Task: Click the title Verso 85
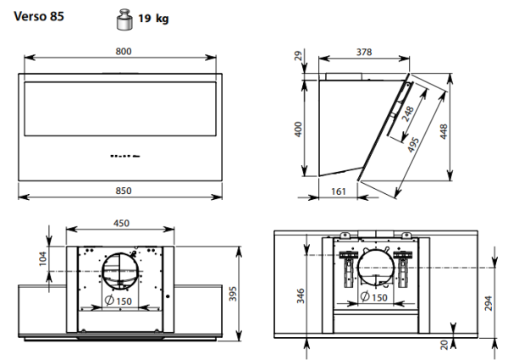click(x=39, y=16)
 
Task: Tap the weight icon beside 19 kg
click(x=124, y=20)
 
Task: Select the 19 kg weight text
click(x=153, y=18)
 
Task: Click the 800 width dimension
click(x=124, y=51)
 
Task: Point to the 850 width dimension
click(x=124, y=191)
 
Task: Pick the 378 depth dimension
click(x=364, y=52)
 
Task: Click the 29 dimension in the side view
click(x=298, y=56)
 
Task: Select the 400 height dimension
click(x=298, y=129)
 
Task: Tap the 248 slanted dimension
click(x=408, y=114)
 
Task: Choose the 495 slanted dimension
click(x=413, y=145)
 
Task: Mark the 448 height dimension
click(x=444, y=131)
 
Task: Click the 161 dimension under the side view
click(x=339, y=191)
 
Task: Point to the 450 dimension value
click(x=121, y=224)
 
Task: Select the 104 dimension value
click(x=43, y=259)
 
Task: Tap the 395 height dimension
click(x=233, y=294)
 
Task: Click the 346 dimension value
click(x=301, y=296)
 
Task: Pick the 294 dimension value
click(x=489, y=303)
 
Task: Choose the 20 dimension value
click(x=444, y=345)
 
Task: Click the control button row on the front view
click(x=125, y=156)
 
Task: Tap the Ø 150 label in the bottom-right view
click(x=373, y=296)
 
